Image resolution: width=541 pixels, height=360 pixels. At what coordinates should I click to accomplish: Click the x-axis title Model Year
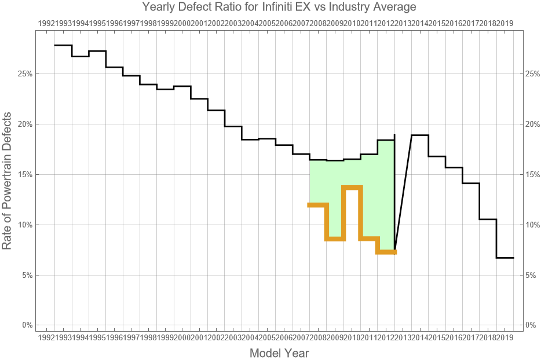pos(279,352)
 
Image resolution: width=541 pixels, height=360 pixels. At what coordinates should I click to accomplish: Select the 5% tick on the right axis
pos(531,275)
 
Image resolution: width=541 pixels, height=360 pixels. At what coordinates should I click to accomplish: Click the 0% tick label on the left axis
pos(27,325)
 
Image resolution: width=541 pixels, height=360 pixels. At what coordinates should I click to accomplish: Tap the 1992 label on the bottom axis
pos(46,337)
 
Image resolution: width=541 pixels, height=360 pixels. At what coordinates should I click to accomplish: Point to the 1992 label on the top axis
pos(46,23)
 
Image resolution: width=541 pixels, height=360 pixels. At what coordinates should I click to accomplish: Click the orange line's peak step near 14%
pos(352,187)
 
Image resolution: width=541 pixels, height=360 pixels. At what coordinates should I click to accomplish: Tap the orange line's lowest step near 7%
pos(386,252)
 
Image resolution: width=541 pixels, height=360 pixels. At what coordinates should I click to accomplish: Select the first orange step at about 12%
pos(318,204)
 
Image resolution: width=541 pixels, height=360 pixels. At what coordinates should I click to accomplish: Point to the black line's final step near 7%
pos(505,258)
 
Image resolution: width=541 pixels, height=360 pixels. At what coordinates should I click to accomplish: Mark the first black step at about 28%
pos(63,45)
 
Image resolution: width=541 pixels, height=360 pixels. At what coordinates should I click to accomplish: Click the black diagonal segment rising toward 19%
pos(403,191)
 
